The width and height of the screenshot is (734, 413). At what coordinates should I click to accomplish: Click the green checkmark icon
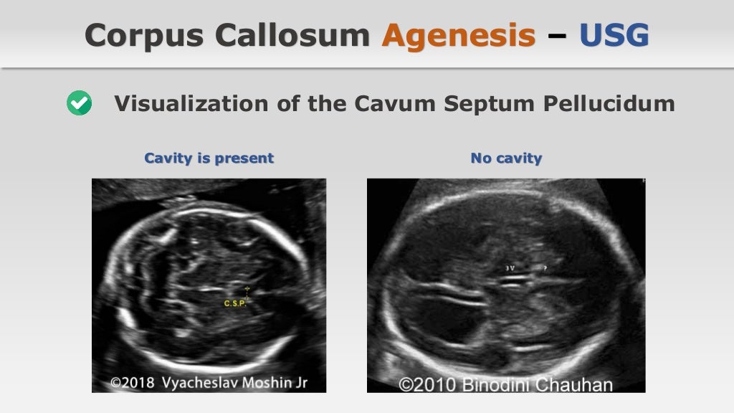pyautogui.click(x=79, y=104)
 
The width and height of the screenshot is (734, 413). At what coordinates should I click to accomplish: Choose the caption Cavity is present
pyautogui.click(x=209, y=158)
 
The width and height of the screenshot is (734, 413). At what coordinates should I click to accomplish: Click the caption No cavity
pyautogui.click(x=506, y=158)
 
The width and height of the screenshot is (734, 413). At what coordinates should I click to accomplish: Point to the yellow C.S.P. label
pyautogui.click(x=235, y=304)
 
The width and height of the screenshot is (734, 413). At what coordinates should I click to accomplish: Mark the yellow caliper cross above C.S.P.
pyautogui.click(x=247, y=290)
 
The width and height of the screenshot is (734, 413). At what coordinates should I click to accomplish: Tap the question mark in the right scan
pyautogui.click(x=545, y=268)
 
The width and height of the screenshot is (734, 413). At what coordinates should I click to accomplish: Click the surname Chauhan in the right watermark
pyautogui.click(x=578, y=385)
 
